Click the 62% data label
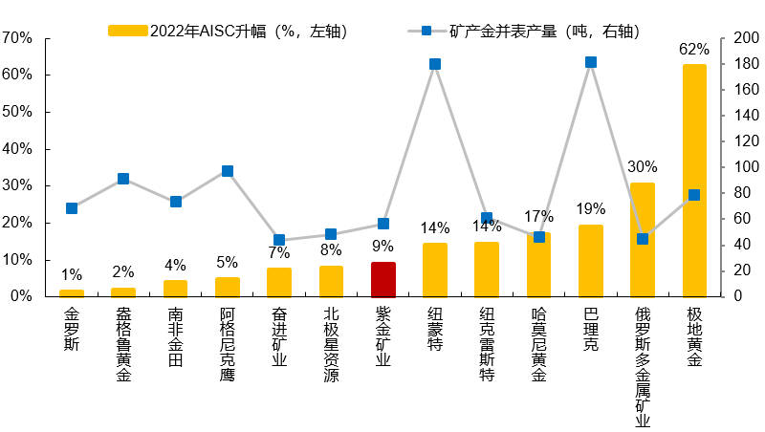tap(694, 49)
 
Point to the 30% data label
tap(643, 167)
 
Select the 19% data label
tap(591, 209)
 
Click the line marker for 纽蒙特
tap(435, 64)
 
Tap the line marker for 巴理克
tap(591, 62)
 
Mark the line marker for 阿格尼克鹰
tap(228, 171)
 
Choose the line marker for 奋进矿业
tap(279, 240)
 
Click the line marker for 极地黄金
tap(694, 195)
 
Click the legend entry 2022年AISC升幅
tap(229, 31)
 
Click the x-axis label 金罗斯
tap(72, 329)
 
